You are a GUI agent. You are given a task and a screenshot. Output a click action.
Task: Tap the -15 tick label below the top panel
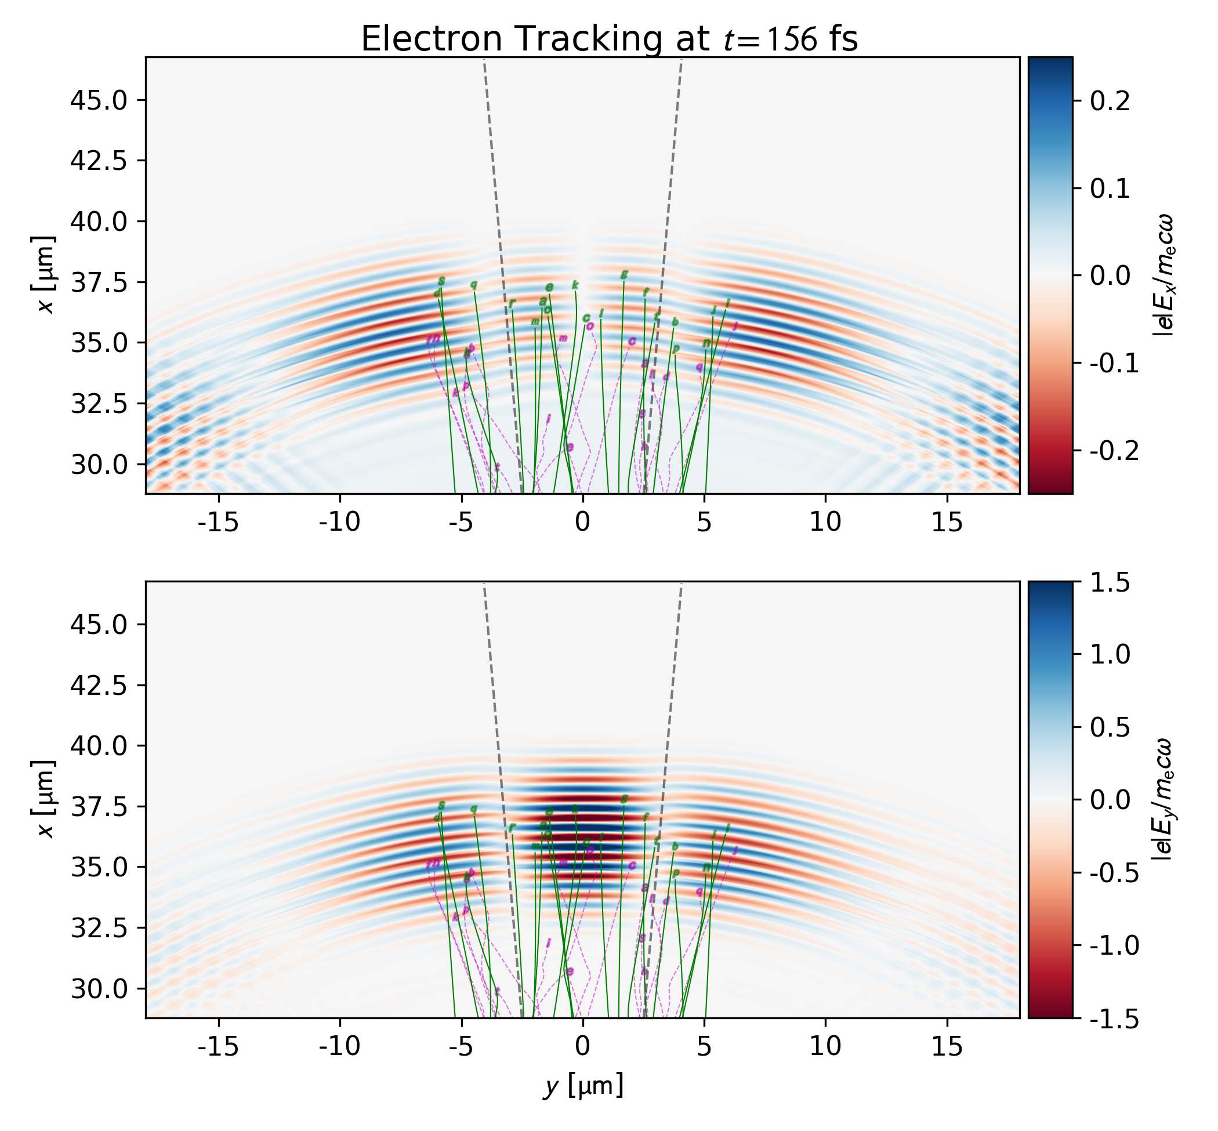tap(219, 522)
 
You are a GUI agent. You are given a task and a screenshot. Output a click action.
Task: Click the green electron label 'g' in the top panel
tap(623, 275)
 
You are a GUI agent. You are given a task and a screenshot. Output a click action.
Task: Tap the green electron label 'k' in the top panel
tap(575, 285)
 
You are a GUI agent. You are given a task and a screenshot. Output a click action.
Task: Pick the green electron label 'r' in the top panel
tap(512, 303)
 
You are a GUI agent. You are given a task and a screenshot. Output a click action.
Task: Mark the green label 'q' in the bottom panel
tap(473, 809)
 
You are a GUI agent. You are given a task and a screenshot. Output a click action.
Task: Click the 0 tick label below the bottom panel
tap(583, 1046)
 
